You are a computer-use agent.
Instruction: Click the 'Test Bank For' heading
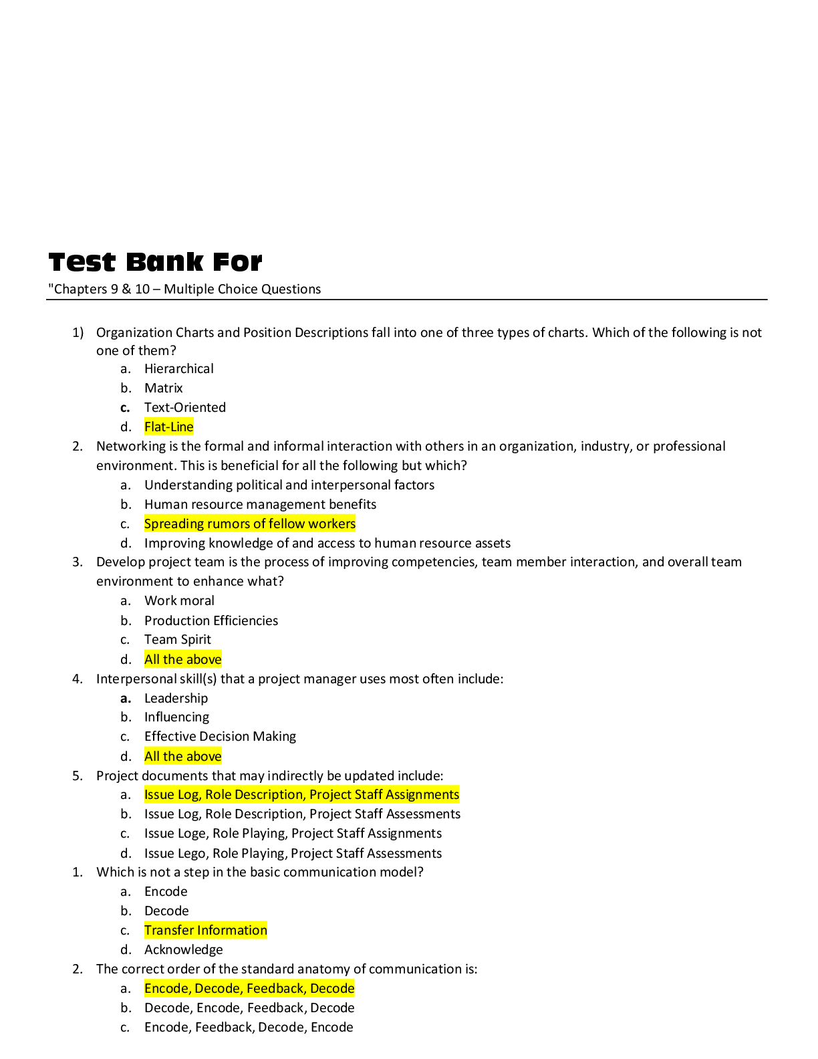(155, 262)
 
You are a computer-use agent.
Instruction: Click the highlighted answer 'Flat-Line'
(168, 427)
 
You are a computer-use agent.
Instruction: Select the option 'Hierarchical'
(178, 368)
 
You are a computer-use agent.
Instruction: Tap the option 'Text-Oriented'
(184, 407)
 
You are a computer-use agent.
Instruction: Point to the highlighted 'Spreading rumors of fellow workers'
(250, 523)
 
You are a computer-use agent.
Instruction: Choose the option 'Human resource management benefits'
(260, 504)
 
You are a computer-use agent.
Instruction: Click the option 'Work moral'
(179, 600)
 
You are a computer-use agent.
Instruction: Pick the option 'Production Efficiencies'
(211, 620)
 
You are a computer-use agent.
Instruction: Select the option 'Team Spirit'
(177, 640)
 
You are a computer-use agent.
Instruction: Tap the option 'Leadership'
(176, 698)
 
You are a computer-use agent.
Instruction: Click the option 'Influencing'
(176, 717)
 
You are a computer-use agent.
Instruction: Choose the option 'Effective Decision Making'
(220, 737)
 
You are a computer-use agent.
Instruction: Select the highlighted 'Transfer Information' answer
(205, 930)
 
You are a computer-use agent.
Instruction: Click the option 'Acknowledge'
(183, 949)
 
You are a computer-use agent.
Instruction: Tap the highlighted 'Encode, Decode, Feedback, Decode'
(249, 988)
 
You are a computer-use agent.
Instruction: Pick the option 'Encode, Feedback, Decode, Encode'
(249, 1027)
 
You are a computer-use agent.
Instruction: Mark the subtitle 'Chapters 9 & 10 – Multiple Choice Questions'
(186, 289)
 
